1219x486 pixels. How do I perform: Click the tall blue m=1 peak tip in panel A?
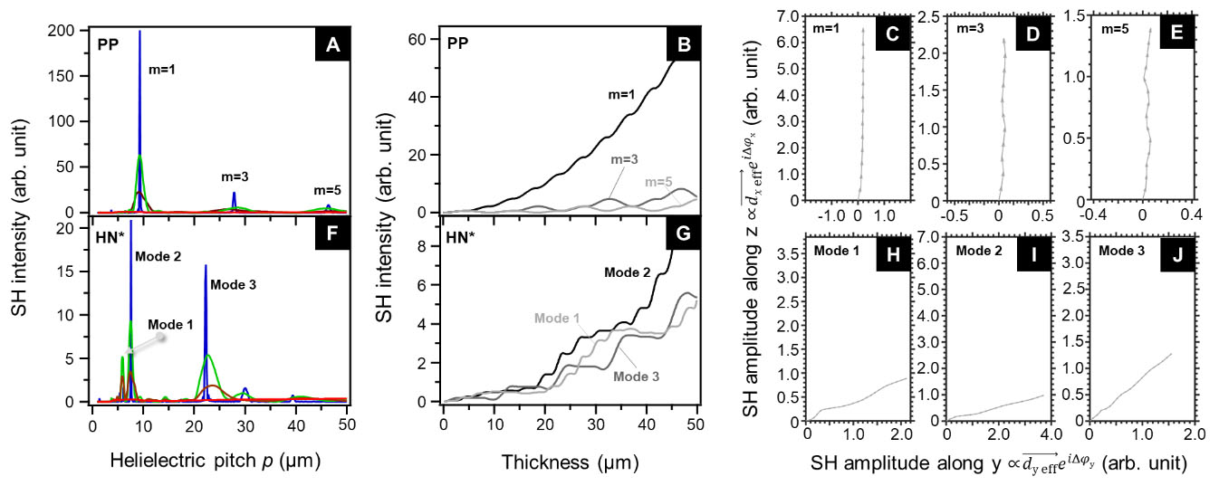(x=139, y=32)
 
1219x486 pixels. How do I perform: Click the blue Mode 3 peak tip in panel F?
(x=206, y=265)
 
